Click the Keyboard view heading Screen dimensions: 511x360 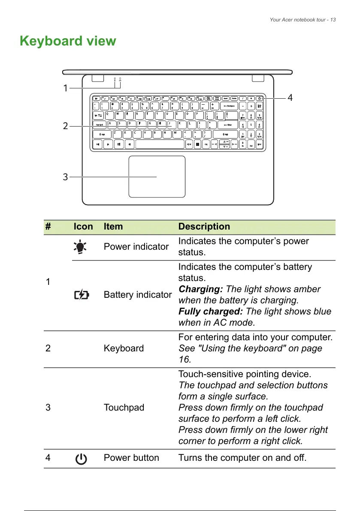click(x=68, y=41)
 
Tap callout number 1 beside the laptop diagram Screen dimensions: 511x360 click(x=65, y=88)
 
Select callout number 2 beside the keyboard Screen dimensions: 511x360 click(x=65, y=126)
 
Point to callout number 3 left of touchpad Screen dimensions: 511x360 click(x=65, y=176)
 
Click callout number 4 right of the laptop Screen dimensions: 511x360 click(x=290, y=98)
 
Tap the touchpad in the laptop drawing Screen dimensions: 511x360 click(x=157, y=177)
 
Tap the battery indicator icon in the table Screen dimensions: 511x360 click(x=82, y=295)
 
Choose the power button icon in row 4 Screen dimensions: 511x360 click(x=80, y=458)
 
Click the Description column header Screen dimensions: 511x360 click(x=204, y=227)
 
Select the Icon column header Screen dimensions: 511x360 click(x=83, y=227)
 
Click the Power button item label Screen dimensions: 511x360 click(x=131, y=458)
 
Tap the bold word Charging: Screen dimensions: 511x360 click(x=200, y=289)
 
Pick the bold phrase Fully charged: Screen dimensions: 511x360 click(x=211, y=311)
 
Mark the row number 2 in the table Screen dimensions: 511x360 click(x=48, y=348)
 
